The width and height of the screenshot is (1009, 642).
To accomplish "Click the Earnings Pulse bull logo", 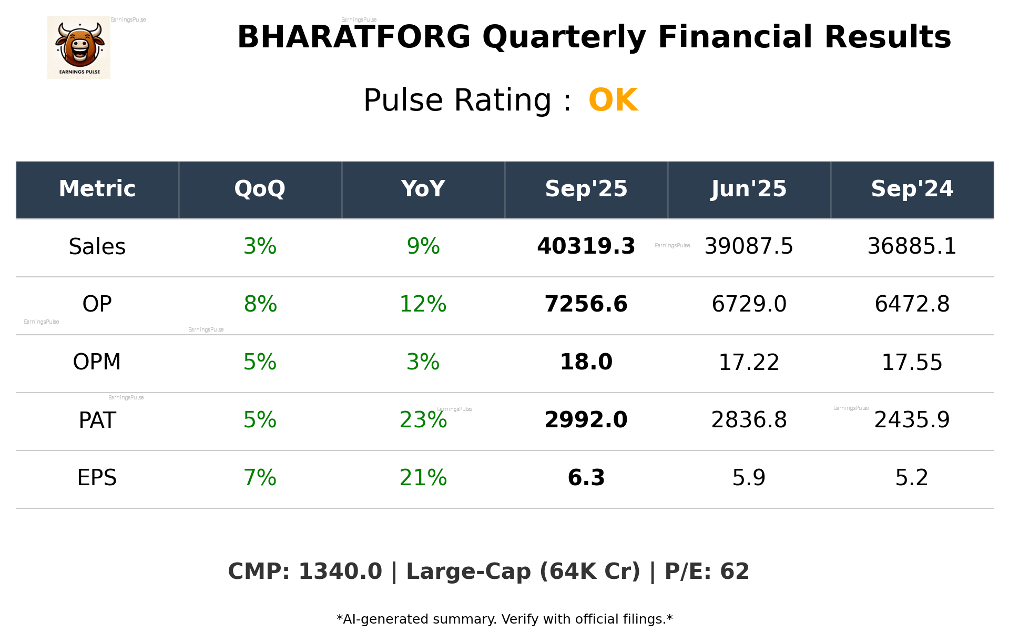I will tap(79, 47).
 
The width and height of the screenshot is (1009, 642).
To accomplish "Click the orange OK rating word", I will tap(613, 100).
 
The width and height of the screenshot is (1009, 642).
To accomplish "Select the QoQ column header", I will tap(260, 189).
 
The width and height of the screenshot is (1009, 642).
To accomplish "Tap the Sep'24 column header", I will tap(912, 189).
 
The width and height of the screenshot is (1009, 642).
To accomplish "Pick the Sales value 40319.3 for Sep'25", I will tap(586, 246).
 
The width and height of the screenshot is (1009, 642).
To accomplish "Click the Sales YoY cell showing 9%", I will tap(423, 246).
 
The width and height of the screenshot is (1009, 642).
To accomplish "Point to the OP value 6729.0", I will tap(749, 304).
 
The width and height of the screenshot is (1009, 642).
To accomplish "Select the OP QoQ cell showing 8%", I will tap(260, 304).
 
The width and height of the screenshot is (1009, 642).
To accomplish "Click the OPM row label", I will tap(97, 362).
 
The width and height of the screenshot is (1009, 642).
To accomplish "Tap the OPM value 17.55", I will tap(912, 362).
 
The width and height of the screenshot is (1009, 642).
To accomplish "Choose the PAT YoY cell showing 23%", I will tap(423, 420).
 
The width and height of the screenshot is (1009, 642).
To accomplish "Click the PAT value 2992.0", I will tap(586, 420).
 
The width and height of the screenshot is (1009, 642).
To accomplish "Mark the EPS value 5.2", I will tap(912, 478).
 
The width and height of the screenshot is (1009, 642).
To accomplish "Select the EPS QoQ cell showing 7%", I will tap(260, 478).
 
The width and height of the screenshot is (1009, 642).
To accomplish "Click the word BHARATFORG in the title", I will tap(353, 37).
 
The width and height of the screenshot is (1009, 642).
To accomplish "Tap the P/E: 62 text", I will tap(707, 571).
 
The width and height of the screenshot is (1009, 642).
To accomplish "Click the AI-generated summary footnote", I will tap(504, 619).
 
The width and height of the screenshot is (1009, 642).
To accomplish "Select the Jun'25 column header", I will tap(749, 189).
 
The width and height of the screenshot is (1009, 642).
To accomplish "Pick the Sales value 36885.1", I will tap(912, 246).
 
